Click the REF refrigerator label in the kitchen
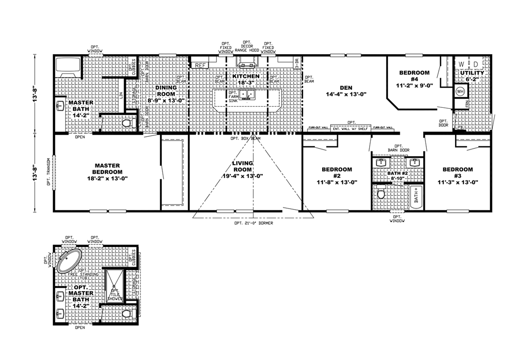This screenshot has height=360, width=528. coord(201,66)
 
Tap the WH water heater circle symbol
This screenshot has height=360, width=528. coord(461,92)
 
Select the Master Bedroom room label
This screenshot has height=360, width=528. coord(107,169)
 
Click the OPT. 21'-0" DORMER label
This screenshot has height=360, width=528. coord(253,223)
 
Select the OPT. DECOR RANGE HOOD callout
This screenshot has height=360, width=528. coord(247,47)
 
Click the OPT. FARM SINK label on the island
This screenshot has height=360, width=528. coord(232,96)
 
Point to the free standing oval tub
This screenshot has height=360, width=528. coord(70,260)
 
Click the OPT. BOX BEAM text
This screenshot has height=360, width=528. coord(246,139)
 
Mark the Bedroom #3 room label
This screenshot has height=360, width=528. coord(458,169)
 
